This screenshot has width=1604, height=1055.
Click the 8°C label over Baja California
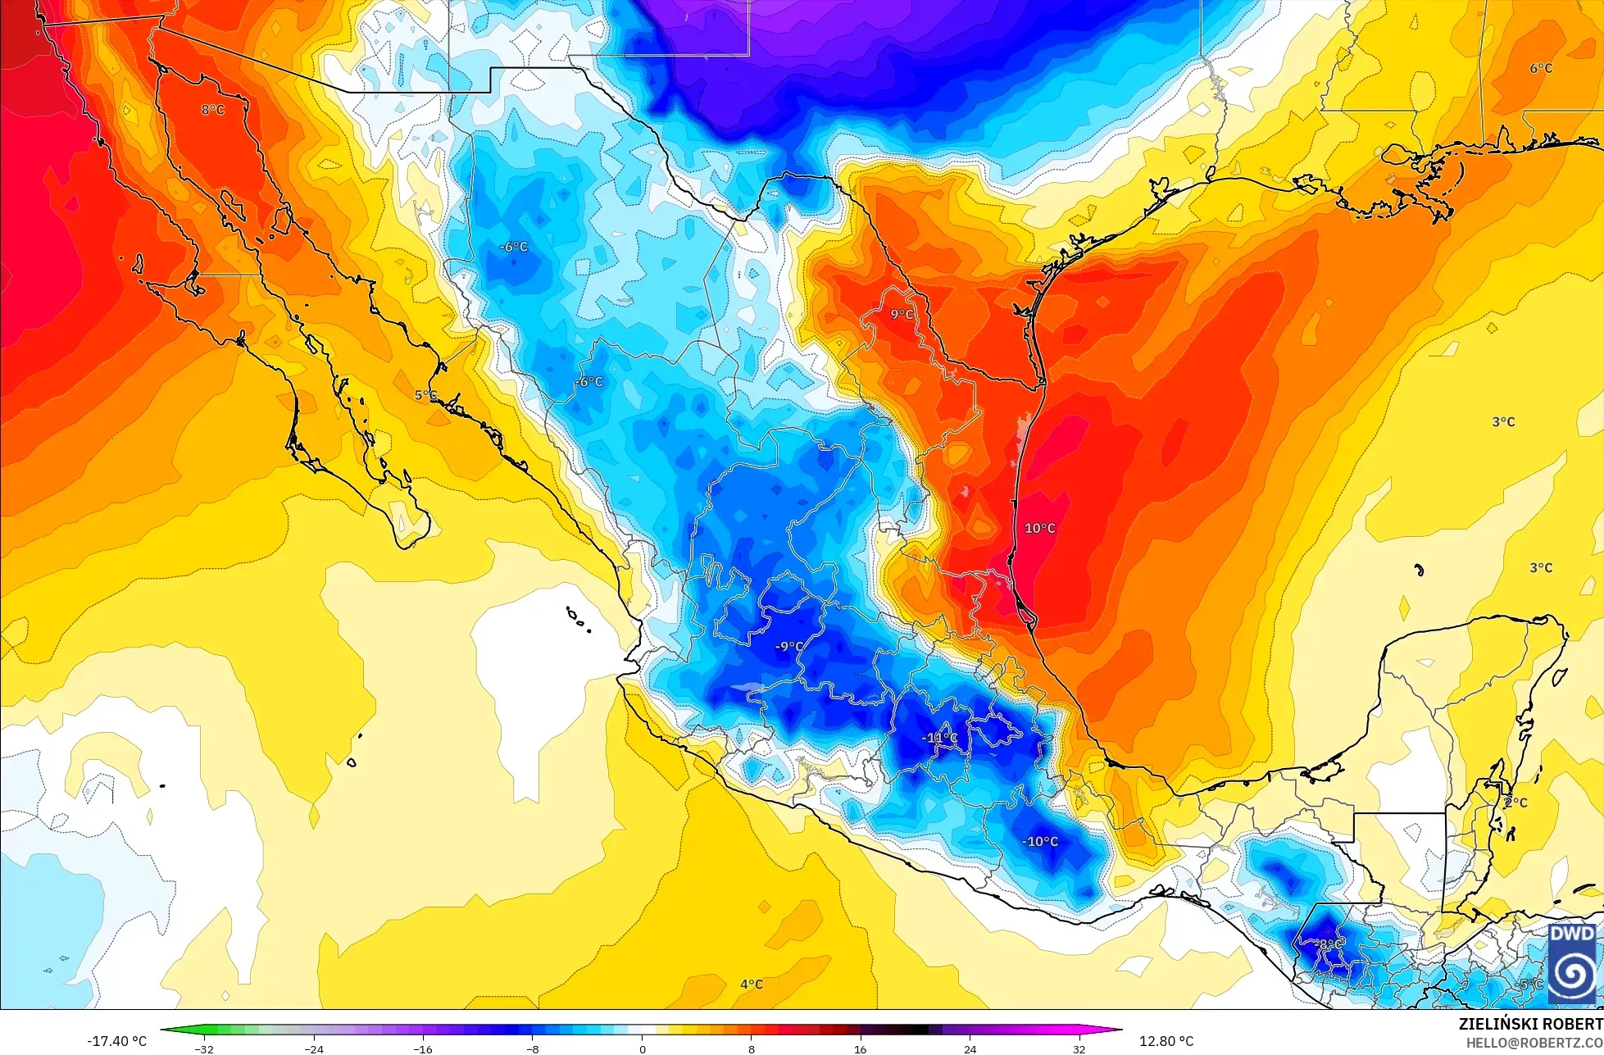point(212,109)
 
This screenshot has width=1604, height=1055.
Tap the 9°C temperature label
point(902,314)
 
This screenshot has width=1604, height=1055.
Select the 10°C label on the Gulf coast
point(1039,528)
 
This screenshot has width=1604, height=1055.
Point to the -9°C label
point(788,646)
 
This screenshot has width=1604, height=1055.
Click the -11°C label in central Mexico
point(939,737)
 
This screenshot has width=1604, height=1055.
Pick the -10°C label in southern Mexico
point(1039,841)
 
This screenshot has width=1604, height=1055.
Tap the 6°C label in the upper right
point(1540,68)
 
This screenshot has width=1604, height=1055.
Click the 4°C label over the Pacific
point(751,984)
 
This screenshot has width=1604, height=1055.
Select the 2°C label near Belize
point(1515,803)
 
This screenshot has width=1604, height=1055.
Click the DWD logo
point(1572,963)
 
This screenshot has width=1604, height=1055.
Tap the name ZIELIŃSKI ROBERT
point(1530,1024)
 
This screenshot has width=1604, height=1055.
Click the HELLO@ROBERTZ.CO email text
point(1534,1043)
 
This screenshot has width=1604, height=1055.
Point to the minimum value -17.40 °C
point(116,1041)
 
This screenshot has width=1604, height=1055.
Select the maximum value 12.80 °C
point(1166,1041)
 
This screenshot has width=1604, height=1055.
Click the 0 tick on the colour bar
point(642,1048)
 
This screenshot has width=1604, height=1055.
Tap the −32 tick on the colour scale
point(203,1048)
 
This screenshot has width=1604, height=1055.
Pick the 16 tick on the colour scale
point(860,1048)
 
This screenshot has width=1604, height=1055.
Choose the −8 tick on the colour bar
point(532,1048)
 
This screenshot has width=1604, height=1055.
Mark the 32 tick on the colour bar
point(1079,1048)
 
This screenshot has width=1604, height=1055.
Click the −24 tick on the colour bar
point(313,1048)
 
